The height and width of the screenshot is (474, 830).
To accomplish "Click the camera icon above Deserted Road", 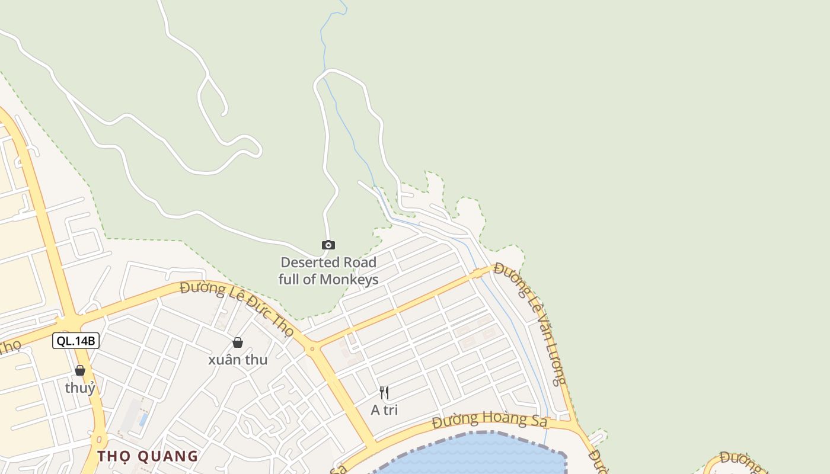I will click(x=328, y=245).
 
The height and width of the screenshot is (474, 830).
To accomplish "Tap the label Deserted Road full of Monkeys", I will click(x=328, y=271).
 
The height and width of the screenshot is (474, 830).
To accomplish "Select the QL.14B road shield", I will click(x=75, y=341).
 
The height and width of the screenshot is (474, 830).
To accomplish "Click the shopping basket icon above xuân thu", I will click(x=238, y=342).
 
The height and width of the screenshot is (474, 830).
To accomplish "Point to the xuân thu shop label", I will click(x=238, y=360).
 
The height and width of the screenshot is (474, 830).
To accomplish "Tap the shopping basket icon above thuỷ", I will click(x=80, y=370).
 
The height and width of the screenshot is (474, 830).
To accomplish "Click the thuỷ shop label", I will click(x=80, y=388).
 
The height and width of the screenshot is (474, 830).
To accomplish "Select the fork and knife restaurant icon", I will click(x=384, y=392).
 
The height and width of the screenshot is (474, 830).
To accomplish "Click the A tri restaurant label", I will click(x=384, y=410).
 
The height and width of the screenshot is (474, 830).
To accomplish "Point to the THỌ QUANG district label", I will click(x=148, y=456).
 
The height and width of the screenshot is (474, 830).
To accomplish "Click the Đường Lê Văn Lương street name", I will click(x=531, y=323).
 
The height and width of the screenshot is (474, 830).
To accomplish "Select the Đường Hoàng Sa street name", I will click(x=481, y=419).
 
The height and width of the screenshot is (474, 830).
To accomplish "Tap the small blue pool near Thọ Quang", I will click(x=143, y=419).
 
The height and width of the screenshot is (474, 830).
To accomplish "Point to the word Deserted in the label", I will click(x=304, y=262).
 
